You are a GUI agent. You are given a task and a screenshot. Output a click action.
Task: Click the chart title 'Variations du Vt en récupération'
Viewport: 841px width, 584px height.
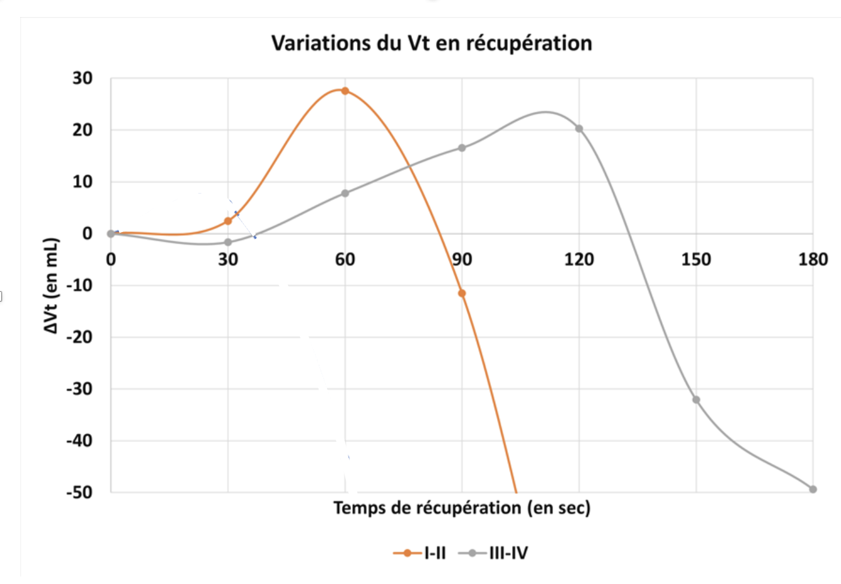coord(432,43)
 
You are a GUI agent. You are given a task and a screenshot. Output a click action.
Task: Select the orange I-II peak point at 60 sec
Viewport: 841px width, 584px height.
coord(345,91)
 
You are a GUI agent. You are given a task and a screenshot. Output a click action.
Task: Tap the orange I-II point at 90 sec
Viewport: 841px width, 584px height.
coord(462,293)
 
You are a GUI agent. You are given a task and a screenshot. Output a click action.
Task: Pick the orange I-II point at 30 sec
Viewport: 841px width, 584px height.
coord(228,221)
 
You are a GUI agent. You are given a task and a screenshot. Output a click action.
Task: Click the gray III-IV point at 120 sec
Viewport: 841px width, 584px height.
coord(579,129)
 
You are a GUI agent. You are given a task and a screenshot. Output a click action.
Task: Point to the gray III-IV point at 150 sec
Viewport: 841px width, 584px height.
coord(696,400)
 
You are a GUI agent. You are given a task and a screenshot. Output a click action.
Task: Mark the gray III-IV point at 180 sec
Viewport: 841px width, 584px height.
coord(813,489)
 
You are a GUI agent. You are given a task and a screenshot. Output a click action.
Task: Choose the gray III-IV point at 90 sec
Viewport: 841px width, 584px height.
coord(462,148)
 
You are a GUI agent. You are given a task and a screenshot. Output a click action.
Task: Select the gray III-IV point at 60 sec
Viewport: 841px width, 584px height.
coord(345,193)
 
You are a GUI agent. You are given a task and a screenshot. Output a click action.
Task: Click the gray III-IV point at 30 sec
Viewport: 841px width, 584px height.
coord(228,242)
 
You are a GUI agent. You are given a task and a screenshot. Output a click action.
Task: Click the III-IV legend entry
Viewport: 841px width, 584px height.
coord(494,553)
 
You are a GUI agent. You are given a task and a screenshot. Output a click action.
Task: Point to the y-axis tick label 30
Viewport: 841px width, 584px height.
coord(83,78)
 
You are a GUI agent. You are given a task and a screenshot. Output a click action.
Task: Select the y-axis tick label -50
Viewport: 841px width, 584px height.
coord(79,492)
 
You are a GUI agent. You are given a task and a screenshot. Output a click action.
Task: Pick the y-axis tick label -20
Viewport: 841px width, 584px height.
coord(79,337)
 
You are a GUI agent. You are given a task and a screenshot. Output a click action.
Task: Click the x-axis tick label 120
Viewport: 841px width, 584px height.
coord(579,259)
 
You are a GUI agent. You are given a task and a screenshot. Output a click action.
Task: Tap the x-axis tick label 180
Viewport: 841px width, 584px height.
coord(813,259)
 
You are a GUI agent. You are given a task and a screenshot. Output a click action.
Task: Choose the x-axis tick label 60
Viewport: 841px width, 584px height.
coord(345,259)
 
